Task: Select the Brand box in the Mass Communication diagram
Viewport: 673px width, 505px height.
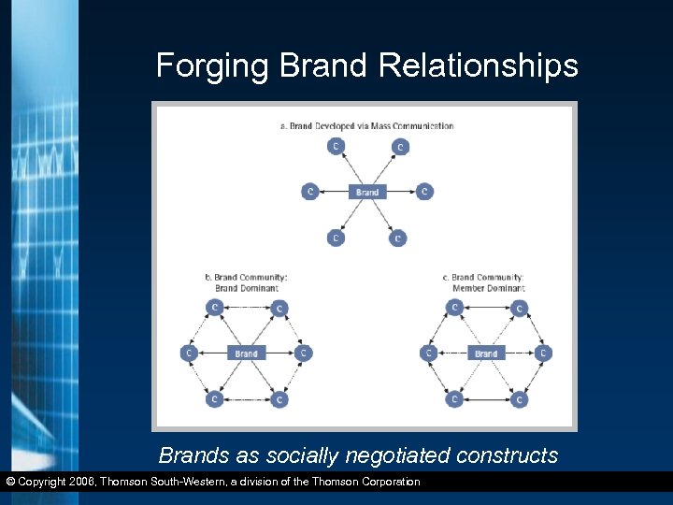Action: [367, 192]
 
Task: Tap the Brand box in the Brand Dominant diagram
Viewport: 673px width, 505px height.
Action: [246, 353]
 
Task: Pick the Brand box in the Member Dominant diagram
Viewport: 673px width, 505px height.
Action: [486, 353]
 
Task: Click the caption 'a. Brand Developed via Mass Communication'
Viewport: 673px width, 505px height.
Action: [366, 125]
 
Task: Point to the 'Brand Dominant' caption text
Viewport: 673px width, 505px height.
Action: [247, 288]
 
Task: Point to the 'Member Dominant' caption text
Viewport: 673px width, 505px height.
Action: [486, 288]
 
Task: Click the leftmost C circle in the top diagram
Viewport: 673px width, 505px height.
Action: [309, 192]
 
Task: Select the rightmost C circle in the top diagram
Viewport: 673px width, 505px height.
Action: [424, 192]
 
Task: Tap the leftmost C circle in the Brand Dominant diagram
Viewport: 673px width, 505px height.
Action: [189, 353]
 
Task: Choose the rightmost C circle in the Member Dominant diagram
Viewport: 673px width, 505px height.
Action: [543, 353]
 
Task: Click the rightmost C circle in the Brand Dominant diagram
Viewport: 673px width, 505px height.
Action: [303, 353]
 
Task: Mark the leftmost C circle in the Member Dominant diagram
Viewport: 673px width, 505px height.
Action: [428, 353]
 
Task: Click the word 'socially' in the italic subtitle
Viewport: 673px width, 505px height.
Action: [299, 455]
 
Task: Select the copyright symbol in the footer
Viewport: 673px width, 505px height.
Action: [10, 482]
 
